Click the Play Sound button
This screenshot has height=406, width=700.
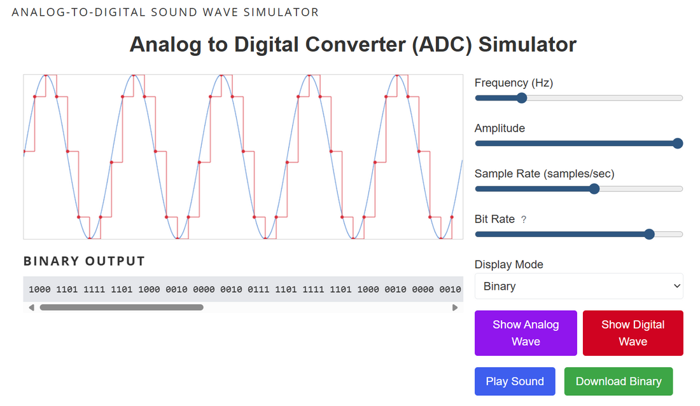click(x=515, y=381)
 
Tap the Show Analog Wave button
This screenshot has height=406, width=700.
click(x=526, y=333)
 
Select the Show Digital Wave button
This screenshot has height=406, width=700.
click(x=633, y=333)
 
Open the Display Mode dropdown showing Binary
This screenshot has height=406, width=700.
click(x=578, y=287)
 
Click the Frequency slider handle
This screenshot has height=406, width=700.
click(x=522, y=98)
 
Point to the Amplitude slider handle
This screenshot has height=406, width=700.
click(x=678, y=144)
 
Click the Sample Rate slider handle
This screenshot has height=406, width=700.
click(x=594, y=189)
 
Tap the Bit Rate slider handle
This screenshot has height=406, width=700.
click(x=649, y=234)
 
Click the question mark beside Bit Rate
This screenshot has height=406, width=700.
click(x=524, y=219)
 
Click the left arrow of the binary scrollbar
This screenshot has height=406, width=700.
click(x=31, y=308)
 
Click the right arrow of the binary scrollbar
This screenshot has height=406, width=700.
click(x=455, y=308)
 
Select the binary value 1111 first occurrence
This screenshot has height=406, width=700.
click(x=94, y=289)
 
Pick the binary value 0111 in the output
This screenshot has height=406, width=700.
click(x=258, y=289)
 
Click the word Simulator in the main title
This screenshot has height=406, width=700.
click(x=528, y=44)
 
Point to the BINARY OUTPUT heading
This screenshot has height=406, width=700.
click(x=84, y=261)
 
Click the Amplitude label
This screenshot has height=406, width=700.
click(x=500, y=128)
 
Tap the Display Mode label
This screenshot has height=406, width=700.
click(x=509, y=264)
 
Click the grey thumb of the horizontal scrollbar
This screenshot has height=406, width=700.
click(x=121, y=308)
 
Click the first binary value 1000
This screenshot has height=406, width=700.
click(x=39, y=289)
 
